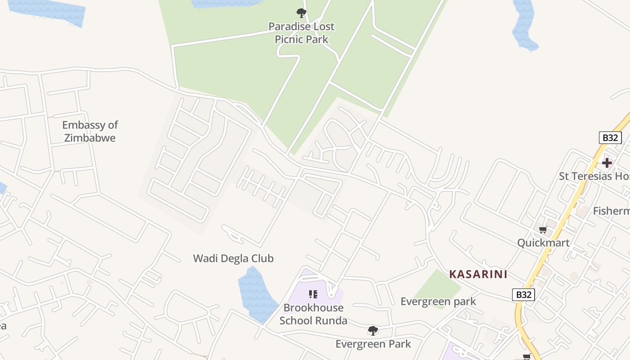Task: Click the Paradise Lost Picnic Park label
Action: tap(301, 33)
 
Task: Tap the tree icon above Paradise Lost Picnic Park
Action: tap(301, 13)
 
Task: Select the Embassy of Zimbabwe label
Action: tap(90, 131)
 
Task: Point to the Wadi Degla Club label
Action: tap(233, 258)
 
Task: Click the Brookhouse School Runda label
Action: tap(313, 314)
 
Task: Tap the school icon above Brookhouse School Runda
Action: tap(313, 294)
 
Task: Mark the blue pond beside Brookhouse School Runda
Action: tap(256, 295)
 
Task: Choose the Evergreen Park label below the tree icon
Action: tap(373, 344)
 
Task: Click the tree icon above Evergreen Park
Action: tap(373, 331)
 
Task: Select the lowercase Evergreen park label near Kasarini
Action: tap(438, 301)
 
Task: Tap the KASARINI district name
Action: tap(478, 274)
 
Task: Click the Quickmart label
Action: tap(543, 243)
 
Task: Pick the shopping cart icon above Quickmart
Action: tap(543, 230)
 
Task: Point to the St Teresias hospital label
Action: tap(594, 176)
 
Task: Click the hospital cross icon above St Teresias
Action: tap(607, 162)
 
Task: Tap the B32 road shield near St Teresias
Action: tap(610, 138)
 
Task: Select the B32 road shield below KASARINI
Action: tap(523, 295)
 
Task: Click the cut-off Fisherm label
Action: tap(611, 211)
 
